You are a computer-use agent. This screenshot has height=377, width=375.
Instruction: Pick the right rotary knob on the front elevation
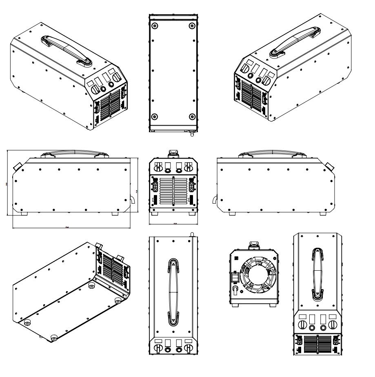(x=188, y=167)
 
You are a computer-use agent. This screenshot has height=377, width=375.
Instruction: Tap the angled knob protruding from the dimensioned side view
(x=17, y=166)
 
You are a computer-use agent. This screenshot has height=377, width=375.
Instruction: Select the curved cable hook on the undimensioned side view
(x=215, y=200)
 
